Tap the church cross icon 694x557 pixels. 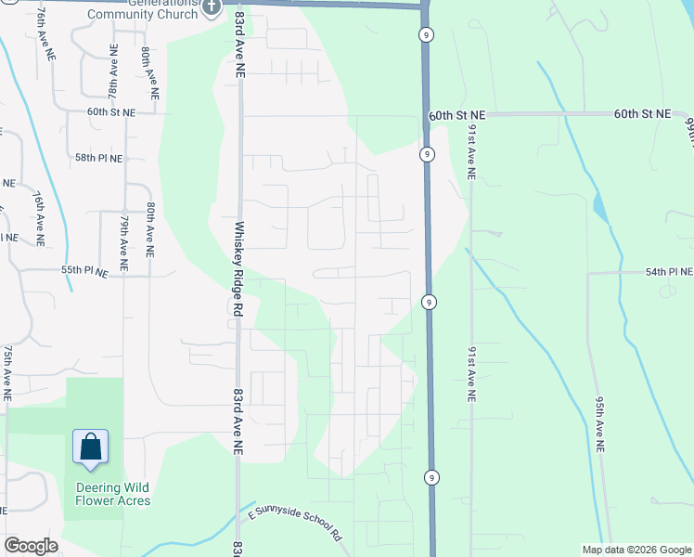pyautogui.click(x=212, y=8)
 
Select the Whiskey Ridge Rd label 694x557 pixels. pyautogui.click(x=239, y=270)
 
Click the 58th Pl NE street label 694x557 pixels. pyautogui.click(x=98, y=159)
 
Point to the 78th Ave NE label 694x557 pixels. pyautogui.click(x=113, y=77)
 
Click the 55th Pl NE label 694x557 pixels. pyautogui.click(x=84, y=270)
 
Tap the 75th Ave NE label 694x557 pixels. pyautogui.click(x=7, y=371)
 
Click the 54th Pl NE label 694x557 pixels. pyautogui.click(x=669, y=272)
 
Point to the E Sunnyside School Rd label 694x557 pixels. pyautogui.click(x=296, y=524)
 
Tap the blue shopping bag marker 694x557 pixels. pyautogui.click(x=91, y=447)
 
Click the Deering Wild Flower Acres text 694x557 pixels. pyautogui.click(x=113, y=494)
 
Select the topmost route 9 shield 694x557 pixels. pyautogui.click(x=425, y=33)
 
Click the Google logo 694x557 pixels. pyautogui.click(x=31, y=546)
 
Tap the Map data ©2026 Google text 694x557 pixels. pyautogui.click(x=636, y=550)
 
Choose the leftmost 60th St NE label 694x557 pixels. pyautogui.click(x=111, y=111)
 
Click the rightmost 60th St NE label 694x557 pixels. pyautogui.click(x=642, y=113)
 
